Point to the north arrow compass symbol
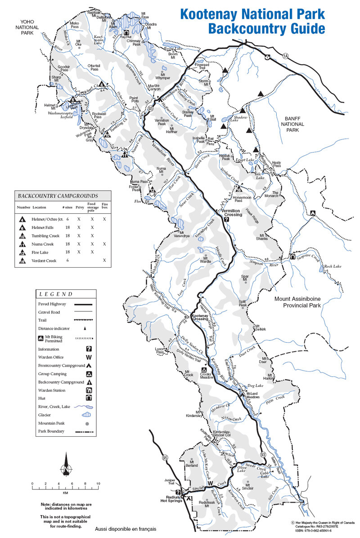(66, 468)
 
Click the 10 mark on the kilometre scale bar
(98, 484)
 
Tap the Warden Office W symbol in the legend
(89, 358)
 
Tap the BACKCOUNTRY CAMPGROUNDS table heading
(57, 196)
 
